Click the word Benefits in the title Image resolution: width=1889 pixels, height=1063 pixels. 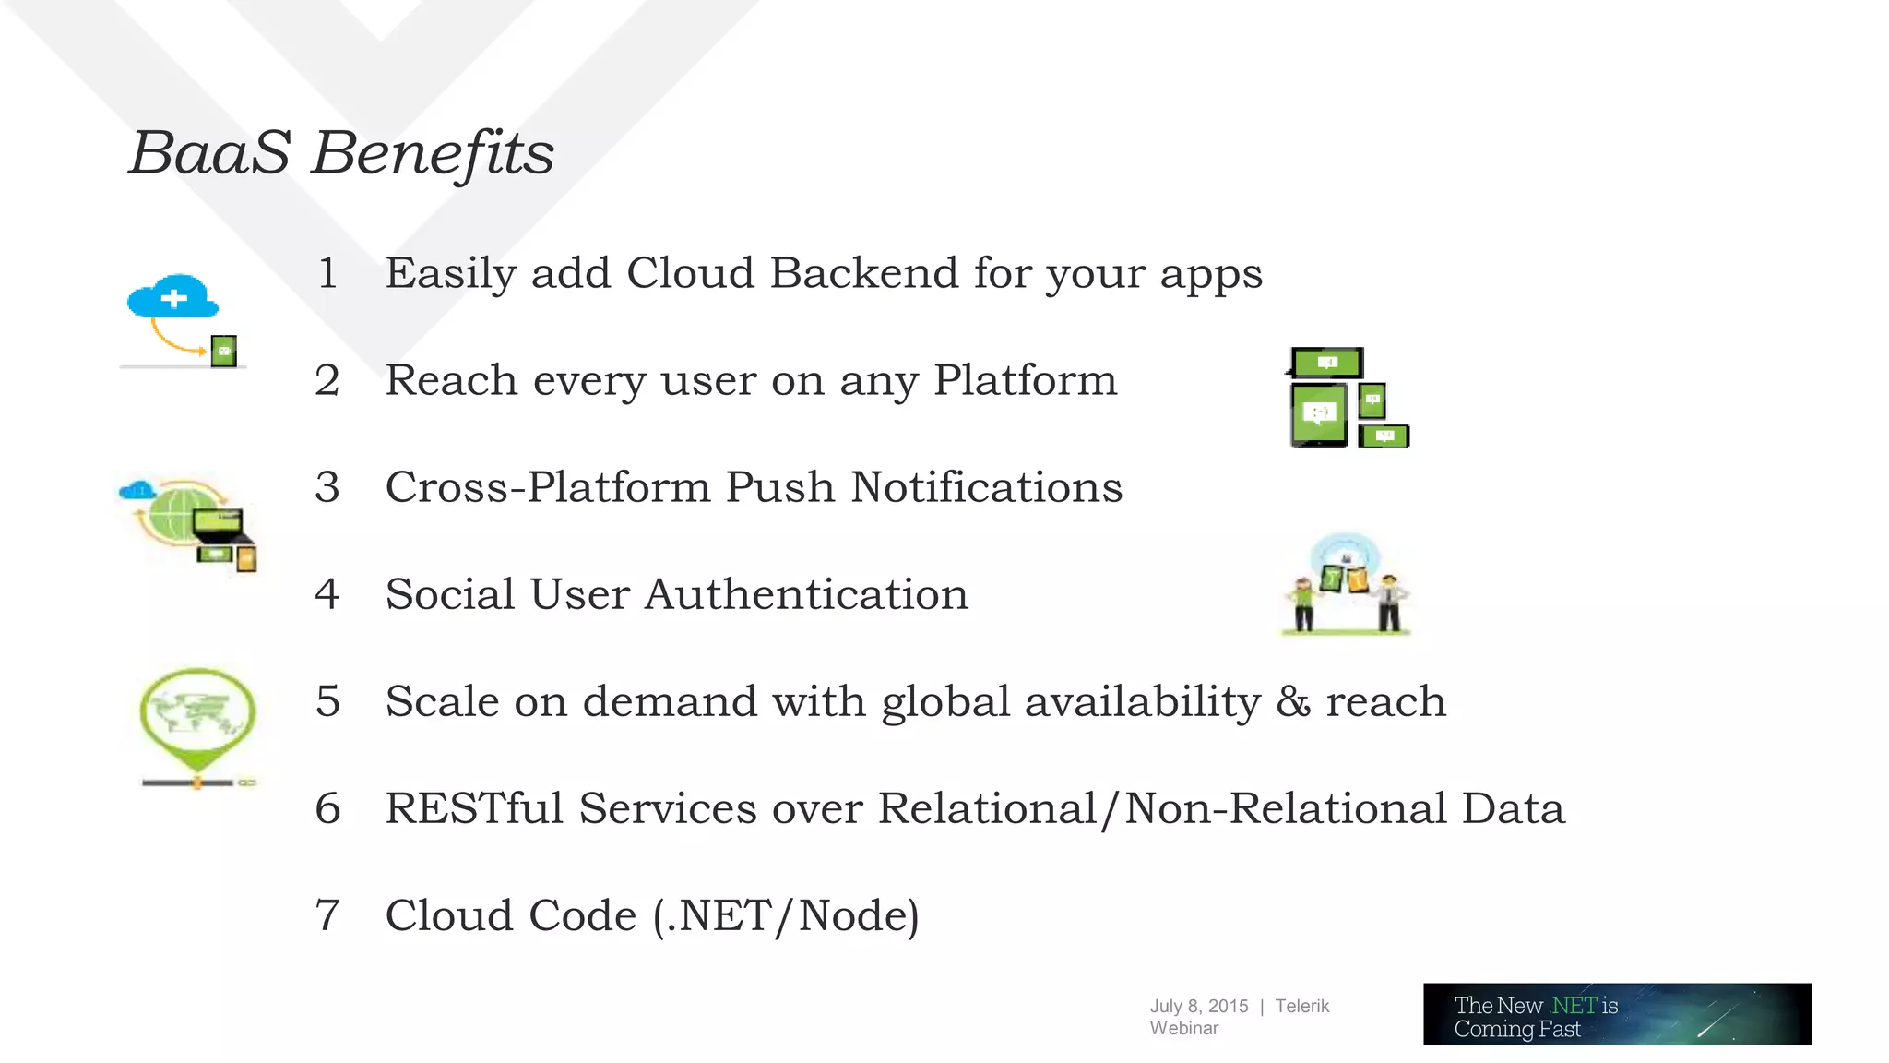434,153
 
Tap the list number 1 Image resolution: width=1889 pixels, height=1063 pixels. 327,274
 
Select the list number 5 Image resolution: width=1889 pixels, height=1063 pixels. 327,701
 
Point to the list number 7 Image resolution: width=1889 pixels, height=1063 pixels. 327,915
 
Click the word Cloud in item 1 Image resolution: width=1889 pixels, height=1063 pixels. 691,274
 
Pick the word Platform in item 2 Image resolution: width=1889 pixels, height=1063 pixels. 1025,381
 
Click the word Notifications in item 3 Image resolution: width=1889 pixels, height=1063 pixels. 986,488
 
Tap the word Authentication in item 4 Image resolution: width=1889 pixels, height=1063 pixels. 806,594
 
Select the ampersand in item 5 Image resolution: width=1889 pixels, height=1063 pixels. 1293,702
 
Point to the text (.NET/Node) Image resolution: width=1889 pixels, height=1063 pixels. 786,916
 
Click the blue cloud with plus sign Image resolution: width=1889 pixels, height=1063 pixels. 173,297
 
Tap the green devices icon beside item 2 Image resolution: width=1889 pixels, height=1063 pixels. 1347,399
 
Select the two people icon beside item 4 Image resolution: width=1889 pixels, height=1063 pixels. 1347,585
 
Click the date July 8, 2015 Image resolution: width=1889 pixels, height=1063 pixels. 1198,1007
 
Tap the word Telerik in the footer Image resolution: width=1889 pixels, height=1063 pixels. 1301,1007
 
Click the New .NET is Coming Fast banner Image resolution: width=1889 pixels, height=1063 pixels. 1616,1014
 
